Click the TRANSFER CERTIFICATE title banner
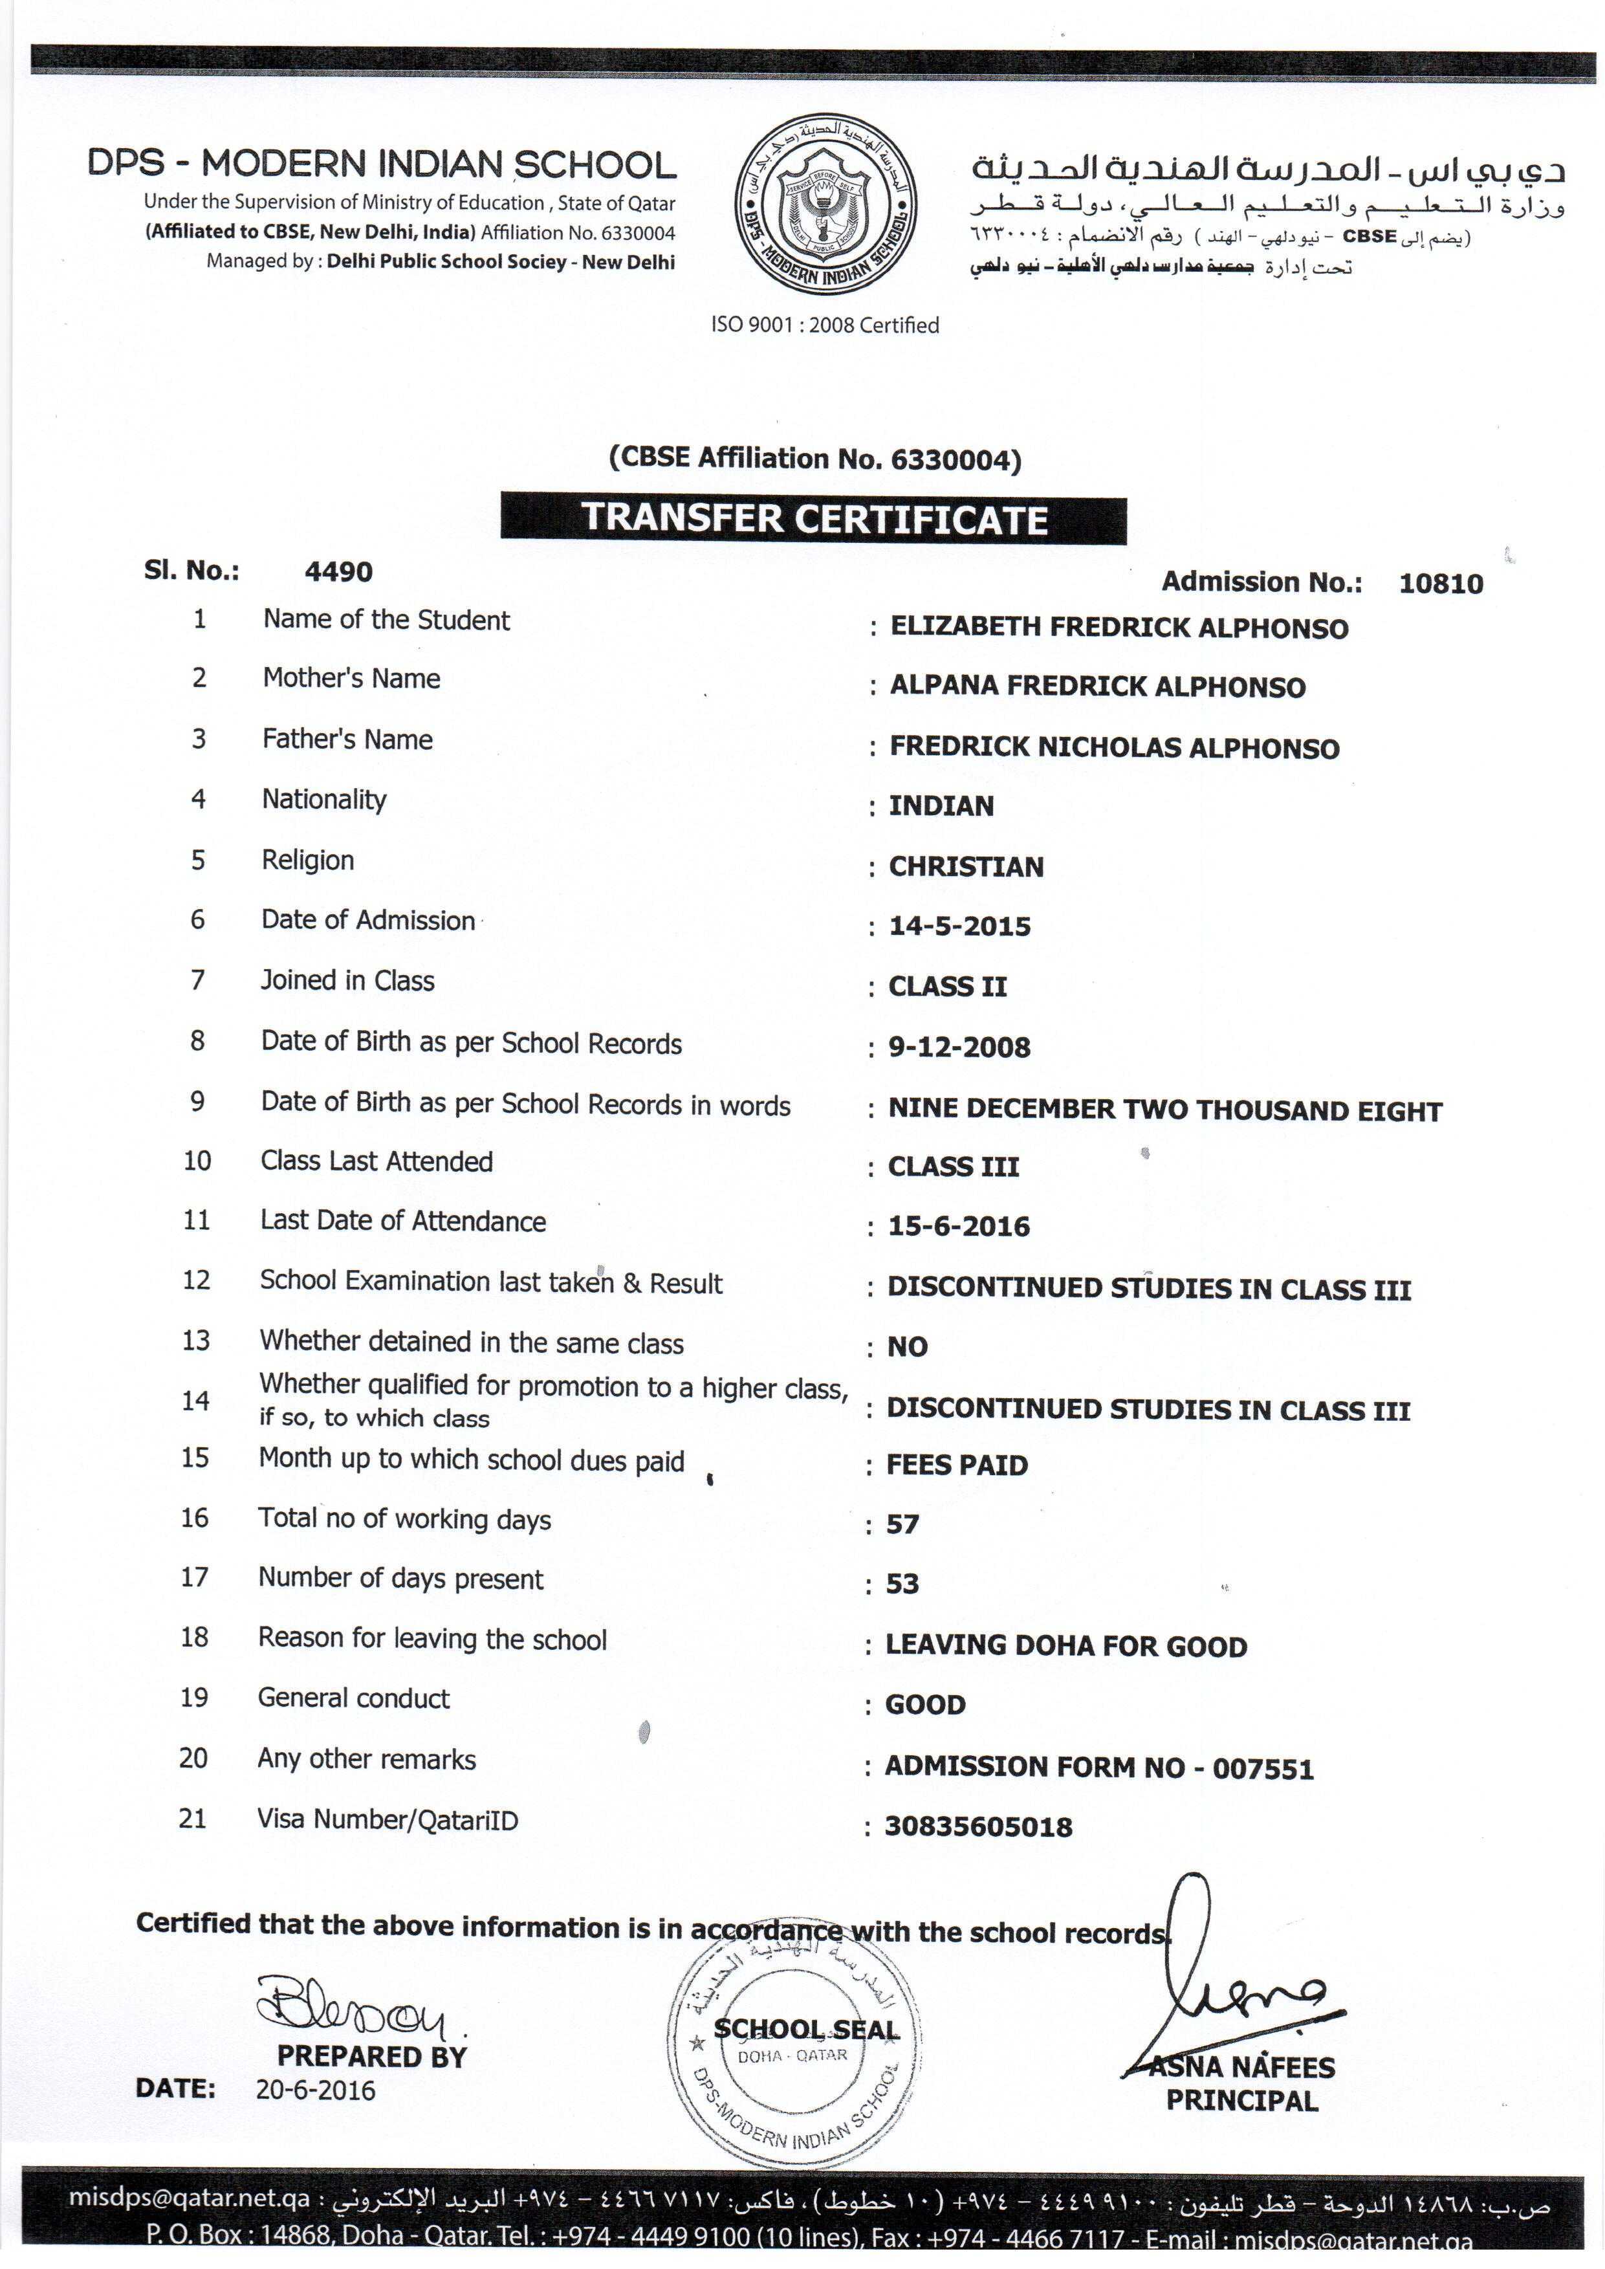coord(813,519)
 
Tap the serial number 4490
coord(338,571)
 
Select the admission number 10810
coord(1440,583)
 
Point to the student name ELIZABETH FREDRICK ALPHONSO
coord(1119,628)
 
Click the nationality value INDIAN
coord(941,806)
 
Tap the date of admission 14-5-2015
coord(959,926)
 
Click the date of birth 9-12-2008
coord(959,1047)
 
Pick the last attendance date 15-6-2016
coord(959,1227)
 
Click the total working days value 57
coord(902,1524)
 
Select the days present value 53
coord(902,1583)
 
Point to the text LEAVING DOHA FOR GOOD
coord(1065,1645)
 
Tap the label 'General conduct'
coord(353,1698)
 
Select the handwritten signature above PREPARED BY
coord(351,2006)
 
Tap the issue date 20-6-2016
coord(315,2089)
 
